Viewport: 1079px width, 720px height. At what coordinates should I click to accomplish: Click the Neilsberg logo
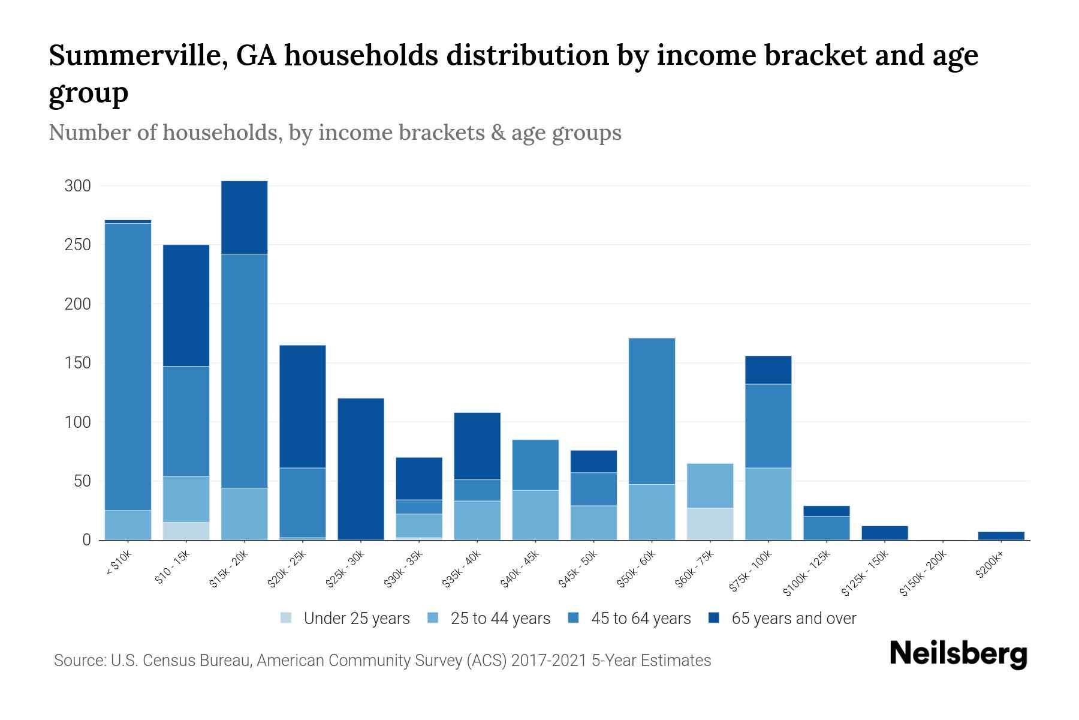pyautogui.click(x=958, y=654)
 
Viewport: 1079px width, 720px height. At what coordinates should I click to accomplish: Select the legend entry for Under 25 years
pyautogui.click(x=357, y=619)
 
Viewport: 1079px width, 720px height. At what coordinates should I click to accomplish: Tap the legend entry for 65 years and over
pyautogui.click(x=794, y=619)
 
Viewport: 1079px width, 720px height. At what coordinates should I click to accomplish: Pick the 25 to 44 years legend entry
pyautogui.click(x=500, y=619)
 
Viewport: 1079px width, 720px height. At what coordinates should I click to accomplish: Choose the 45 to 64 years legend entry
pyautogui.click(x=641, y=619)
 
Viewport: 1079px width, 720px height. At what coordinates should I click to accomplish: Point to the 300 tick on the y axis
pyautogui.click(x=78, y=186)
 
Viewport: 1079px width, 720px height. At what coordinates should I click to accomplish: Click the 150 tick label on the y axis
pyautogui.click(x=78, y=363)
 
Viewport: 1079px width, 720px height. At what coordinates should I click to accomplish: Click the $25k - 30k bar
pyautogui.click(x=361, y=469)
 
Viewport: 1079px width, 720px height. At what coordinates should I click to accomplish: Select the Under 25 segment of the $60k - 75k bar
pyautogui.click(x=710, y=524)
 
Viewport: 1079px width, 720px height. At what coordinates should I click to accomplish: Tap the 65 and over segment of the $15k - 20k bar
pyautogui.click(x=245, y=217)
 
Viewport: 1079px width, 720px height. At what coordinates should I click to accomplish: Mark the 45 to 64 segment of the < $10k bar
pyautogui.click(x=128, y=366)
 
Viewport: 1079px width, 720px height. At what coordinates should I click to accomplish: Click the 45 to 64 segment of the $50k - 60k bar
pyautogui.click(x=652, y=411)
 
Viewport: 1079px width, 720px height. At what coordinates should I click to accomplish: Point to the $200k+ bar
pyautogui.click(x=1001, y=536)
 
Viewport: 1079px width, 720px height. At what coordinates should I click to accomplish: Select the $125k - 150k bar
pyautogui.click(x=885, y=533)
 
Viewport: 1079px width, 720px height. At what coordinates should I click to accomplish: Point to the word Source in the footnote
pyautogui.click(x=79, y=661)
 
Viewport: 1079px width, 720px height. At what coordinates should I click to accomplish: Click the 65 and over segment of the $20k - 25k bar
pyautogui.click(x=303, y=406)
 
